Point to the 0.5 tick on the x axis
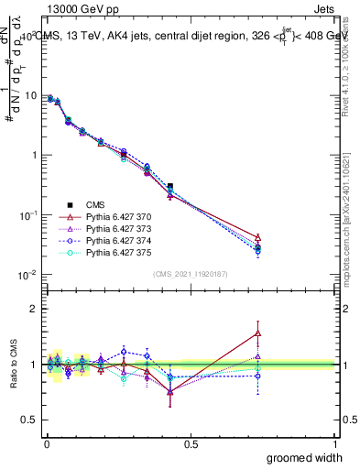pyautogui.click(x=191, y=444)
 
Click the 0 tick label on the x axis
pyautogui.click(x=46, y=444)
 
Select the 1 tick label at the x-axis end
pyautogui.click(x=334, y=444)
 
